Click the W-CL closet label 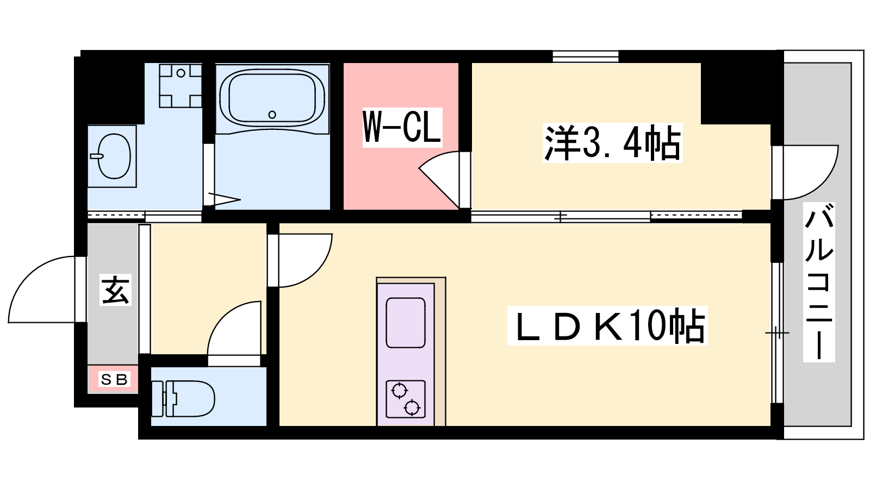pyautogui.click(x=402, y=127)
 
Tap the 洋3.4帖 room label pyautogui.click(x=612, y=142)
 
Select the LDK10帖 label pyautogui.click(x=607, y=325)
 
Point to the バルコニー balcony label pyautogui.click(x=819, y=282)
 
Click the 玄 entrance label pyautogui.click(x=115, y=290)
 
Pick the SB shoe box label pyautogui.click(x=114, y=379)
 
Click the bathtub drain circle pyautogui.click(x=272, y=115)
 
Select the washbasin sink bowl pyautogui.click(x=114, y=156)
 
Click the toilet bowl pyautogui.click(x=190, y=399)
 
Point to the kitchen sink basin pyautogui.click(x=406, y=323)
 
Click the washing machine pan pyautogui.click(x=180, y=86)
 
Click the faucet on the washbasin pyautogui.click(x=97, y=156)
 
